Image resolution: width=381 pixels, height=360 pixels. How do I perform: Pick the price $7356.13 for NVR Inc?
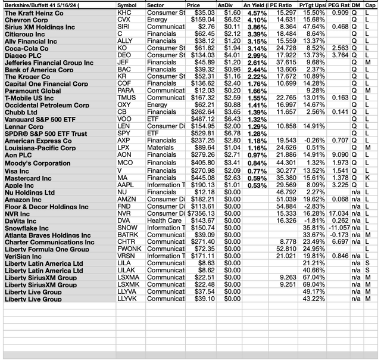coord(199,213)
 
